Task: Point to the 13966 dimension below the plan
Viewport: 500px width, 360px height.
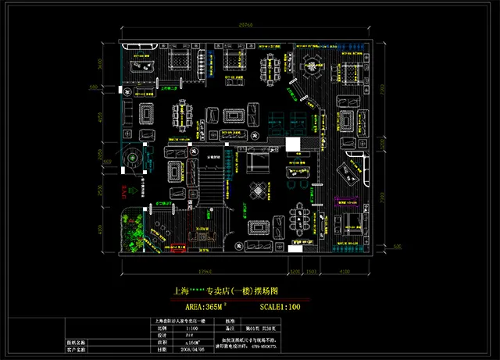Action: tap(206, 272)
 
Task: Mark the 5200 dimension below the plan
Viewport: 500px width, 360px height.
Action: tap(295, 272)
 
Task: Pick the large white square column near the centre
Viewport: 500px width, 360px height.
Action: tap(292, 145)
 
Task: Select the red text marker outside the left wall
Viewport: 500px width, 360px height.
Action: tap(120, 189)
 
